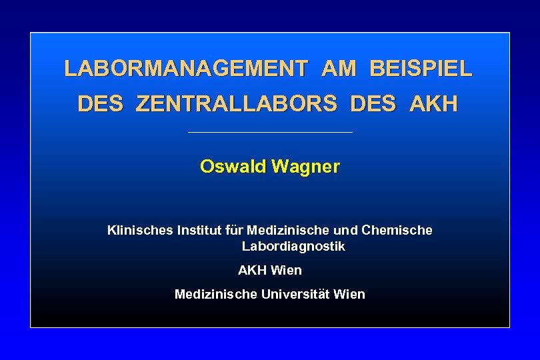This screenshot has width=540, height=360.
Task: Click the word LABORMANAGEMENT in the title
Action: (x=186, y=69)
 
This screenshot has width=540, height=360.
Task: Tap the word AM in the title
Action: (x=338, y=69)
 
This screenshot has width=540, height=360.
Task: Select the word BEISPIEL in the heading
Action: (x=420, y=69)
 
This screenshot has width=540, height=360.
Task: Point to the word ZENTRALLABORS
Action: (x=236, y=105)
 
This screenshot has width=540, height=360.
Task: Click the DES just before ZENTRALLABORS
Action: (x=100, y=105)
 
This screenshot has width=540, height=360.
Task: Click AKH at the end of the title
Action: (x=434, y=105)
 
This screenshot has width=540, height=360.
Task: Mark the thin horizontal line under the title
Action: (x=270, y=132)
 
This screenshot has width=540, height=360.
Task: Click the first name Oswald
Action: (x=231, y=167)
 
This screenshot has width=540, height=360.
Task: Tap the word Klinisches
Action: (x=139, y=231)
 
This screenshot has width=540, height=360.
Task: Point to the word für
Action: (x=235, y=231)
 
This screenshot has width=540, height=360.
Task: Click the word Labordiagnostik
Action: (x=293, y=247)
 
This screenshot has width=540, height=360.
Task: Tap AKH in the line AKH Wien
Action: (x=253, y=271)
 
